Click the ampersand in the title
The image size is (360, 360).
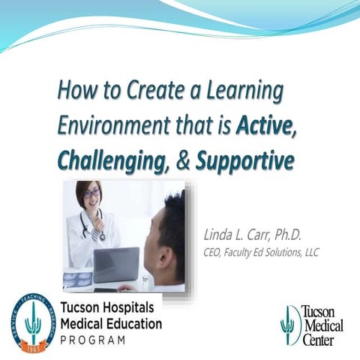[183, 160]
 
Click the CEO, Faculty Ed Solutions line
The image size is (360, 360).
[261, 253]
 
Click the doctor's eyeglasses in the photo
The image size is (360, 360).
[91, 193]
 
